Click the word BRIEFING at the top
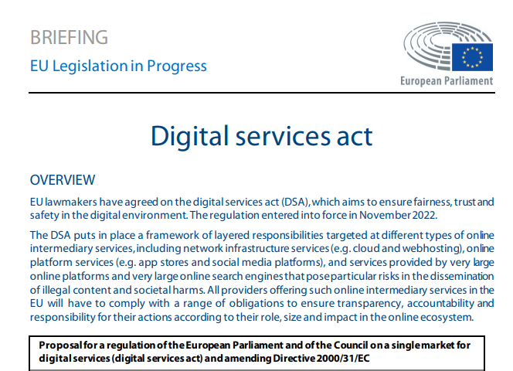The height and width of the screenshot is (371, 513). [x=69, y=37]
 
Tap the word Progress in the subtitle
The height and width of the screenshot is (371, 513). [x=177, y=66]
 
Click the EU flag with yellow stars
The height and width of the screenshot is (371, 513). [x=472, y=57]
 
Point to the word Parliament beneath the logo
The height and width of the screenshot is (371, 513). [x=468, y=81]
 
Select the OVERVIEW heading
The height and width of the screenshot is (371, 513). [x=63, y=180]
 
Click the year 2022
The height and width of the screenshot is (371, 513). [x=425, y=216]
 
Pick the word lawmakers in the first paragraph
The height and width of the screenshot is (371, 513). [x=71, y=202]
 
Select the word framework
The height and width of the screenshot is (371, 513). [x=172, y=236]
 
